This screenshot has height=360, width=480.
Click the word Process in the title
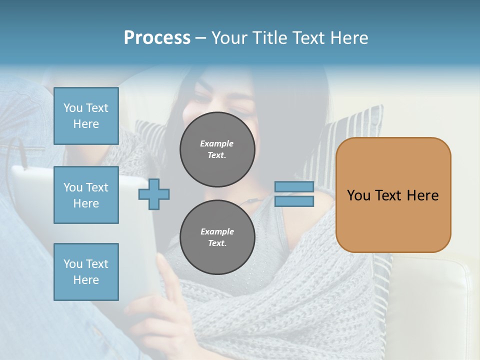157,38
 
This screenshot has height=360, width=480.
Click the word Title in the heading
268,38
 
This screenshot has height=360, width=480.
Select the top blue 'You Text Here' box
86,116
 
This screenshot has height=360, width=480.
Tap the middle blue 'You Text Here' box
86,195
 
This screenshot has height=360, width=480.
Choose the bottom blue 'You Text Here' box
86,271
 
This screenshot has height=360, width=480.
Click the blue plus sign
154,194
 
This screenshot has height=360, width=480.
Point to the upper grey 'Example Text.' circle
217,149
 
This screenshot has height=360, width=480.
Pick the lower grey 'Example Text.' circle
217,237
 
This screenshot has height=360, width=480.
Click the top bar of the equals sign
294,187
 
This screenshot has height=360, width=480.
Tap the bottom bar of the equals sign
294,201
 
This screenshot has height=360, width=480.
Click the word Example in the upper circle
217,144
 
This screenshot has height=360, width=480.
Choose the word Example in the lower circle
217,231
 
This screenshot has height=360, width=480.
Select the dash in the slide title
201,38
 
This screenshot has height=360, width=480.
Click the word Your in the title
229,38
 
